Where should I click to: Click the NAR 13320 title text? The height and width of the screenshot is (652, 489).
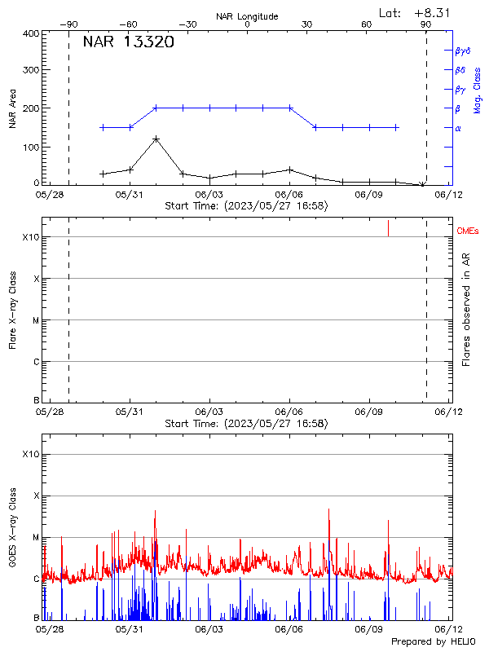(x=128, y=42)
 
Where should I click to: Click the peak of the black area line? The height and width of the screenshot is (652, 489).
(x=156, y=139)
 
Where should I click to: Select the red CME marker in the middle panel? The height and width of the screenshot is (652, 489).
(x=388, y=228)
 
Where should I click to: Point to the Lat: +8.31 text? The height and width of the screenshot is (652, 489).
(x=415, y=12)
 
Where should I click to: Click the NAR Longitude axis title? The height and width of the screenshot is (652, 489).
(x=247, y=15)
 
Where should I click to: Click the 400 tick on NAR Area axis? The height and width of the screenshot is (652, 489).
(x=31, y=33)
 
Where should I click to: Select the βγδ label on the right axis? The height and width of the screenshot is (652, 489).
(x=463, y=51)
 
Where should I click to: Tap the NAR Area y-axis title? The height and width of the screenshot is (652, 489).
(x=12, y=110)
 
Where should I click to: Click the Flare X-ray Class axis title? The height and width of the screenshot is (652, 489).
(x=12, y=310)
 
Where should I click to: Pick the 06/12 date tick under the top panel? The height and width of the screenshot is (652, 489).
(x=444, y=196)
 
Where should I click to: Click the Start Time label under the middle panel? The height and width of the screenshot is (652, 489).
(x=246, y=424)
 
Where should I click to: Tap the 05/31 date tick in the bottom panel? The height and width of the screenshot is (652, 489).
(x=130, y=629)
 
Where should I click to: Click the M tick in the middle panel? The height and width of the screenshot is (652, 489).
(x=36, y=320)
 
